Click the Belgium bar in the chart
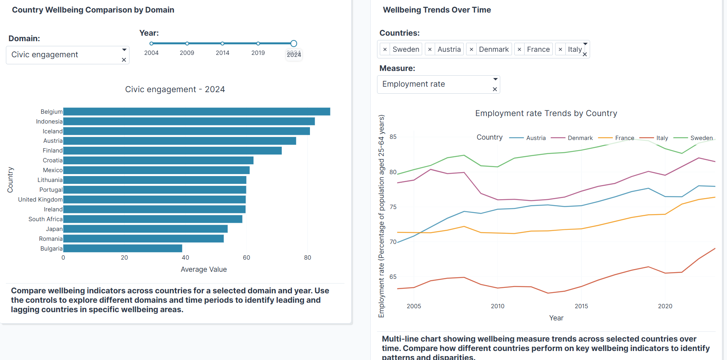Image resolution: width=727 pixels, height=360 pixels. tap(196, 112)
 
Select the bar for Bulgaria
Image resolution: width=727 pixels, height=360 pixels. tap(122, 249)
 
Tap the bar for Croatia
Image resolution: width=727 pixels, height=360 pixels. tap(158, 160)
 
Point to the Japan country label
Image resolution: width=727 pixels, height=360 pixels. tap(54, 229)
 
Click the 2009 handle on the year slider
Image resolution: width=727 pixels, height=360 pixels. tap(187, 44)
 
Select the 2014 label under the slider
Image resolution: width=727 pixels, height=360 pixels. tap(222, 53)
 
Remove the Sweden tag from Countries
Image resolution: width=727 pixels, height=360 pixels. tap(385, 49)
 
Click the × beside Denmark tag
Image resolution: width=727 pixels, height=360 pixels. tap(471, 49)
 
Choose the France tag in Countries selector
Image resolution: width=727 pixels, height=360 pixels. tap(538, 49)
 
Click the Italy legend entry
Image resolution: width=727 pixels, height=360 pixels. tap(662, 138)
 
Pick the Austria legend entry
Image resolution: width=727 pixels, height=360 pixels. tap(536, 138)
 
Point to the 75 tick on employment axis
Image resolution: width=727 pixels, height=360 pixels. tap(393, 207)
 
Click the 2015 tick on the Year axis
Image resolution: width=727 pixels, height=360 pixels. tap(581, 306)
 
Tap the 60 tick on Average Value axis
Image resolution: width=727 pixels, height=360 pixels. tap(246, 258)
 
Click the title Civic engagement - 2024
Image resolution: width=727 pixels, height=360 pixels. tap(175, 89)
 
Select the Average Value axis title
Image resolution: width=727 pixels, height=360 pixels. tap(204, 269)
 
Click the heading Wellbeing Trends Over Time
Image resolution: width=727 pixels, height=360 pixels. tap(437, 10)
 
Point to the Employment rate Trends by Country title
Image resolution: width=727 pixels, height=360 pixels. tap(546, 113)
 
